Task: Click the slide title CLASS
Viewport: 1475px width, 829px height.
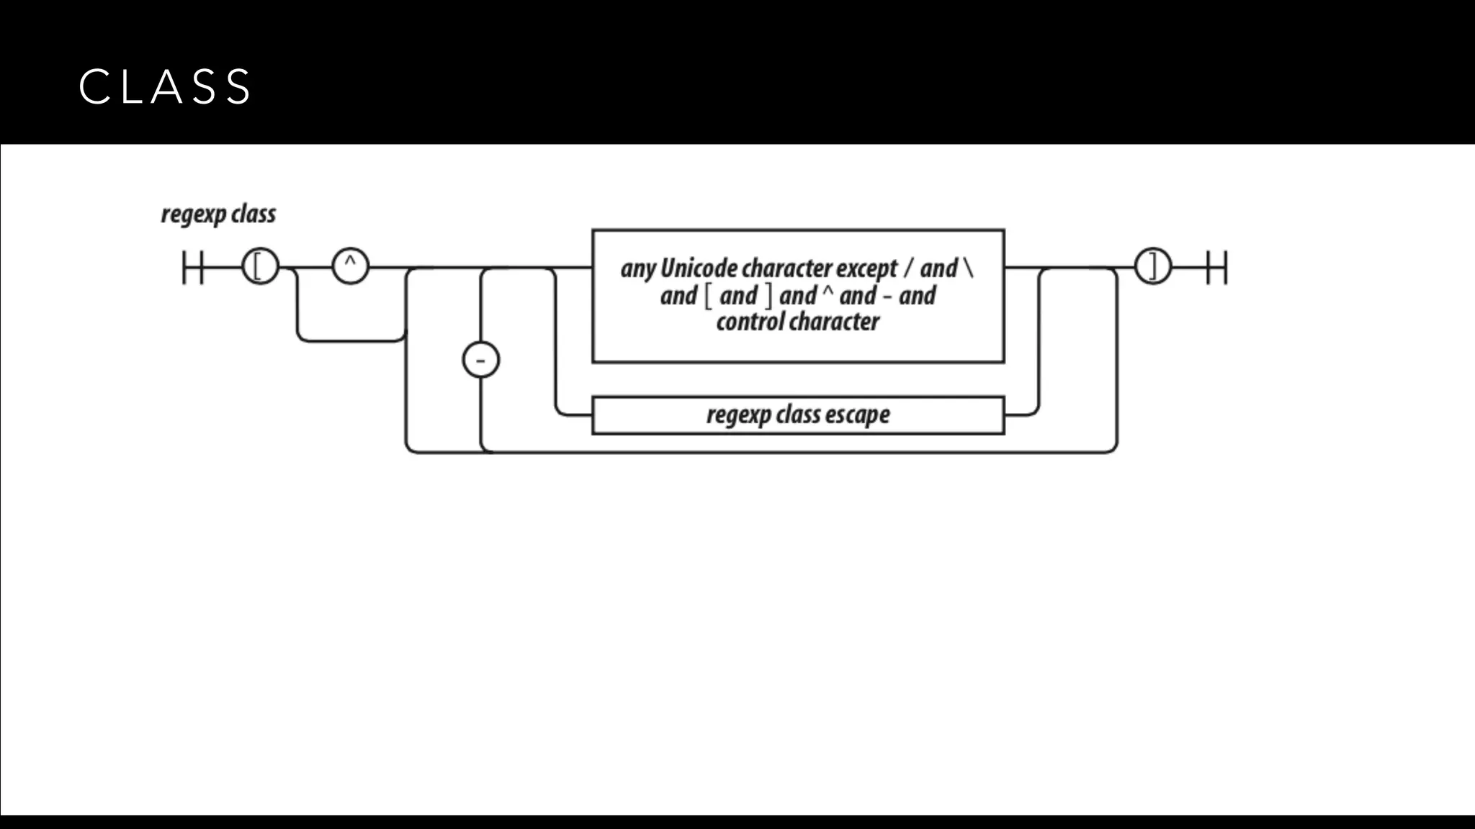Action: point(165,87)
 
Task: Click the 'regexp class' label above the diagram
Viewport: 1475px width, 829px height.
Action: point(218,214)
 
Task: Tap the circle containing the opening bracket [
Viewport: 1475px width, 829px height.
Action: point(260,267)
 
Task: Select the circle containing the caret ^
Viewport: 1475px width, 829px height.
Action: point(350,267)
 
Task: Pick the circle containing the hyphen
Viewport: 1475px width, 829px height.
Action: point(480,360)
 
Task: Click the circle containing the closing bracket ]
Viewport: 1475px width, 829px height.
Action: point(1153,267)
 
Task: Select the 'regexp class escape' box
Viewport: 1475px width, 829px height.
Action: point(798,415)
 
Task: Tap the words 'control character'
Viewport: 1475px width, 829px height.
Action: point(798,322)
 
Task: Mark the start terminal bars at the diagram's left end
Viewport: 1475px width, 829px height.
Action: point(193,267)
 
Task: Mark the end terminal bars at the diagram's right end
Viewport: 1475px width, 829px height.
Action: point(1216,267)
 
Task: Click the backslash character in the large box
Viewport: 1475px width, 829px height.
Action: point(968,268)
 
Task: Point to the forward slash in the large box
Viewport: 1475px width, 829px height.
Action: point(909,268)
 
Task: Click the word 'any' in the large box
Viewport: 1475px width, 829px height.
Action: point(638,268)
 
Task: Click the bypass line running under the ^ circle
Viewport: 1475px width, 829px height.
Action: point(351,340)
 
